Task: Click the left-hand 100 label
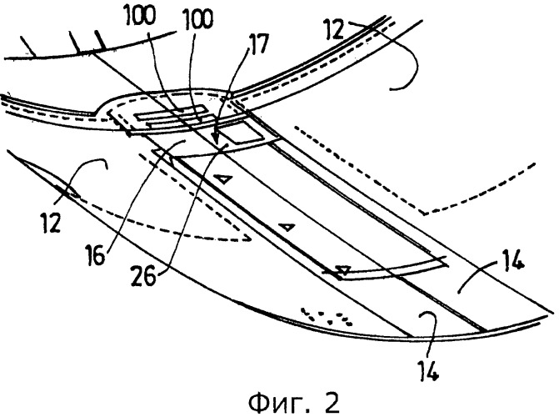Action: pos(141,16)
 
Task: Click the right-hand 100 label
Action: pos(198,19)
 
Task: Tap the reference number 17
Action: pos(258,43)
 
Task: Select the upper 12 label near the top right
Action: pos(334,30)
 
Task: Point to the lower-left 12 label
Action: pos(52,224)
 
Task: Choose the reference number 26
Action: pos(143,276)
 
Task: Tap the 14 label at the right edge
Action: pos(512,259)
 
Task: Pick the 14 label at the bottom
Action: pos(429,370)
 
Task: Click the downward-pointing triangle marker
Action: pos(344,270)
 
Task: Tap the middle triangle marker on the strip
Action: pos(287,227)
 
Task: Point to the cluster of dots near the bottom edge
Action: pos(327,315)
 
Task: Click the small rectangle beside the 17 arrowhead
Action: pos(239,134)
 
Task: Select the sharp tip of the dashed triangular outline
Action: pos(252,239)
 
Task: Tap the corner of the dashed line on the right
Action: pos(424,214)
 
